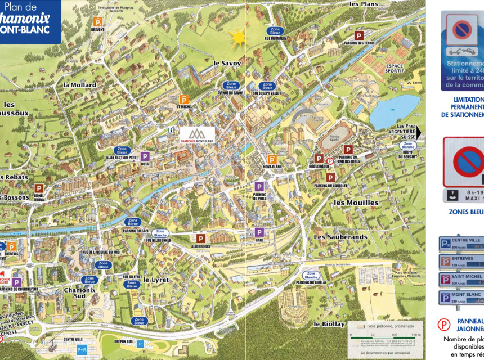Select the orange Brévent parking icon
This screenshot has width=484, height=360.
[x=97, y=21]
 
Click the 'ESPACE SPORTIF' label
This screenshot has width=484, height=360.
[x=394, y=69]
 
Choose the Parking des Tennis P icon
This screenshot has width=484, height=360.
[x=358, y=35]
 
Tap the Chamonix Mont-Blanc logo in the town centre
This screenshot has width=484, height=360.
[x=196, y=134]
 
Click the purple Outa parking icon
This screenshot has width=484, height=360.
[x=145, y=156]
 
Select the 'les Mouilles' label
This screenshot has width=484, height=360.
[x=356, y=202]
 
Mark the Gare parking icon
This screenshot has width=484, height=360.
[x=259, y=232]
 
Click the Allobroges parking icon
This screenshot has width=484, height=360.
[x=200, y=238]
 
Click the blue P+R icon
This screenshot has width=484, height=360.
[x=82, y=349]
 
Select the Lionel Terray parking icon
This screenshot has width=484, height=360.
[x=38, y=188]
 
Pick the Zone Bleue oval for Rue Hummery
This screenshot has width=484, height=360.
[x=275, y=31]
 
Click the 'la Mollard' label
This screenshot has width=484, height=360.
[x=79, y=85]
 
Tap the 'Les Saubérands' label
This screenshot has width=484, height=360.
[x=340, y=237]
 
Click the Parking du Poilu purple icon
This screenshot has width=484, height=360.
[x=259, y=186]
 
